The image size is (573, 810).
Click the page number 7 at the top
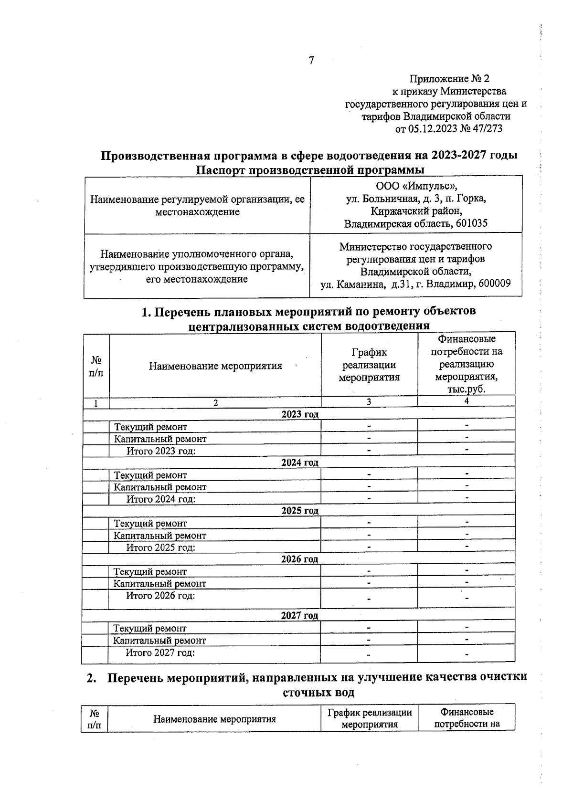tap(311, 61)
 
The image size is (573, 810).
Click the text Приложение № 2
tap(449, 79)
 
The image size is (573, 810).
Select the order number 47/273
tap(487, 128)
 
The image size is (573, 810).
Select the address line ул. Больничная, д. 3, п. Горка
tap(416, 199)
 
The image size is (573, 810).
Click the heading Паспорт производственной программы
tap(310, 170)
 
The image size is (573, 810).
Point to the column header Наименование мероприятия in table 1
tap(215, 366)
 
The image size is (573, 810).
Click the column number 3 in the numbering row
tap(369, 402)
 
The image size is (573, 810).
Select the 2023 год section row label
tap(299, 414)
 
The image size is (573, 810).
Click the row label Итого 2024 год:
tap(161, 499)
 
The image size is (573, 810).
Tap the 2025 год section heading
tap(299, 511)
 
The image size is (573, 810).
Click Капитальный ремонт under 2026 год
tap(159, 584)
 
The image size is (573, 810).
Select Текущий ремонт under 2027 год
tap(149, 629)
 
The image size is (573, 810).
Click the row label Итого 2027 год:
tap(160, 652)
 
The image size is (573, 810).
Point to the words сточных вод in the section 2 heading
tap(318, 693)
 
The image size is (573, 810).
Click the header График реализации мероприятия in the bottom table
tap(370, 718)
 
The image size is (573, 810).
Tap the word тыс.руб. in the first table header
tap(467, 389)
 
